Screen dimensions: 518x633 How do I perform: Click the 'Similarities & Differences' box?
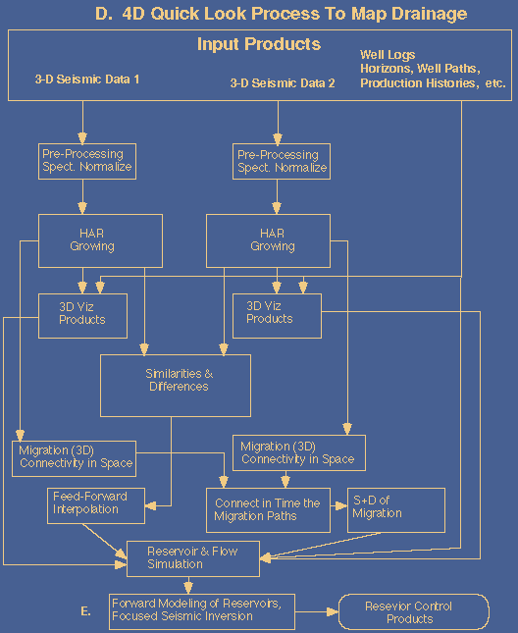coord(176,386)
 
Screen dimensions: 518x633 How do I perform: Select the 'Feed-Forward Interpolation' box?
coord(96,505)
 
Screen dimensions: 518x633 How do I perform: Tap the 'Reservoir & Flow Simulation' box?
coord(193,558)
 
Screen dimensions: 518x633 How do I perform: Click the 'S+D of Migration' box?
coord(396,510)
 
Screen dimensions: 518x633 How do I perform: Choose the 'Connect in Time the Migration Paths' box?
coord(268,510)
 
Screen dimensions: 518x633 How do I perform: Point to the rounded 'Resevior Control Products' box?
coord(413,612)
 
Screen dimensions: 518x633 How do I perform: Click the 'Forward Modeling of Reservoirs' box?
coord(202,611)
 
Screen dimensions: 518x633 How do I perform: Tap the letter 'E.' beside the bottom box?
coord(85,611)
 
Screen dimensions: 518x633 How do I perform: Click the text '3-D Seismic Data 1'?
coord(87,79)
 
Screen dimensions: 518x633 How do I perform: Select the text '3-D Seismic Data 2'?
coord(283,83)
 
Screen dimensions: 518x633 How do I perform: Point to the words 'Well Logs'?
coord(388,55)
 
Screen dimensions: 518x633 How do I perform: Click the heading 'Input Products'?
coord(259,44)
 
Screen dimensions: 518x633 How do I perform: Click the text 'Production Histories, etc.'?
coord(433,83)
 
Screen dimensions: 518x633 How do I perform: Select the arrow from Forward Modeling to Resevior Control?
coord(317,612)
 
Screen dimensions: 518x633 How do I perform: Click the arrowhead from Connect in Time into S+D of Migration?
coord(341,505)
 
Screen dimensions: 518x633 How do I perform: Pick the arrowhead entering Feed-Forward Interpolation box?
coord(150,505)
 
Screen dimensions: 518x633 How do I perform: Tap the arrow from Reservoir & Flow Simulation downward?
coord(188,585)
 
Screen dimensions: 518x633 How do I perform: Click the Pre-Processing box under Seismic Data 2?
coord(282,162)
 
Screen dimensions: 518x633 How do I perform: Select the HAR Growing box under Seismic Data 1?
coord(100,241)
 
